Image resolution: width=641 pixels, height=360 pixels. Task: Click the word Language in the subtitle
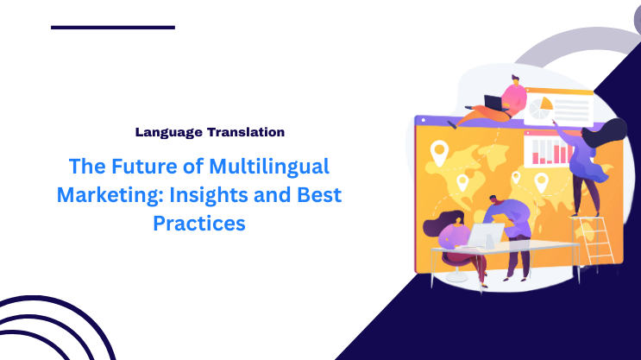pyautogui.click(x=167, y=133)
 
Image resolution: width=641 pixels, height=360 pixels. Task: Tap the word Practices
pyautogui.click(x=199, y=223)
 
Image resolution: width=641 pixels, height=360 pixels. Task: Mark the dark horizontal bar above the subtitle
pyautogui.click(x=113, y=28)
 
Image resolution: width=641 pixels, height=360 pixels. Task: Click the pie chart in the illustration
pyautogui.click(x=541, y=109)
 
